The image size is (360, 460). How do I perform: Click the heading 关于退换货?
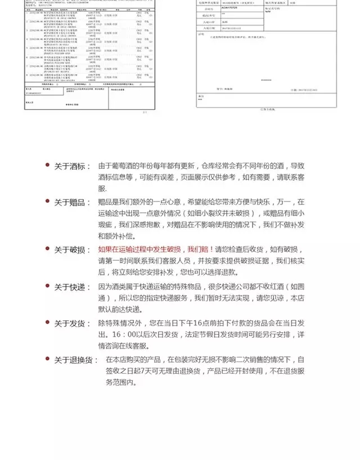click(73, 360)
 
